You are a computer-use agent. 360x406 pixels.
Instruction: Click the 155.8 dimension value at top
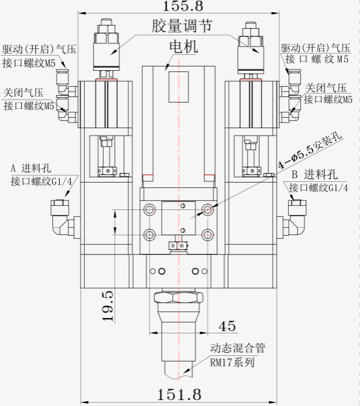182,5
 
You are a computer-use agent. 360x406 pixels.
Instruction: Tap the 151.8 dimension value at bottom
179,394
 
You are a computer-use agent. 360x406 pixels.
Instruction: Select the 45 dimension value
227,326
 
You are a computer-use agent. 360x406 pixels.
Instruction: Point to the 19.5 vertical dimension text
108,306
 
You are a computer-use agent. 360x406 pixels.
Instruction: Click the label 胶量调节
182,26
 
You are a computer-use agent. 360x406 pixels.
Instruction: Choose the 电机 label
184,46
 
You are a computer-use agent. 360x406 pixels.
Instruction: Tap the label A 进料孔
31,169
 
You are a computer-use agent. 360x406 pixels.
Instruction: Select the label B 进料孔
315,174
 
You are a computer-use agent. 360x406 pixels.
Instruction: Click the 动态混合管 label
237,348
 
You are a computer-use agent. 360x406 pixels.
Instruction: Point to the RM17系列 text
232,362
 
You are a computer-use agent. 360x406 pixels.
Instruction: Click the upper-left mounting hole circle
149,209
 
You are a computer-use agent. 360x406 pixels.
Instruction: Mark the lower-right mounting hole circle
207,235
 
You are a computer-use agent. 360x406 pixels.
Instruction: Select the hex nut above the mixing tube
178,297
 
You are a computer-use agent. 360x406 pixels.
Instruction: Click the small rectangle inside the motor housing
179,87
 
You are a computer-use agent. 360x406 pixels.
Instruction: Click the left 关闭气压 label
23,93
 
